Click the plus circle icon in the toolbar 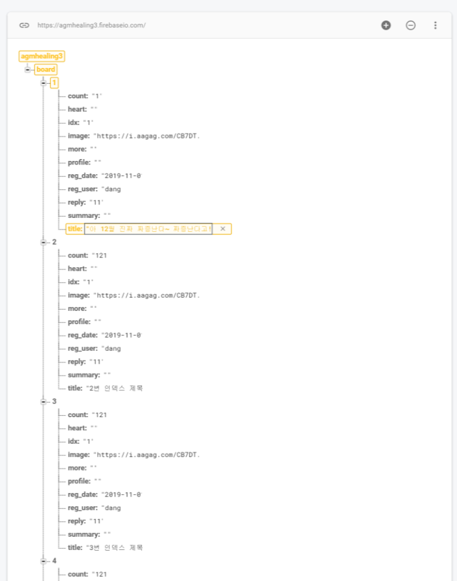[x=386, y=25]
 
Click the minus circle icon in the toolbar [x=411, y=25]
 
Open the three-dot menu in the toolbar [x=435, y=25]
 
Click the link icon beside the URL [x=24, y=25]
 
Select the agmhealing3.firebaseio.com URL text [x=91, y=25]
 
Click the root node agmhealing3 [x=42, y=56]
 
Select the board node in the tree [x=46, y=69]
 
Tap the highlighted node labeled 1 [x=55, y=83]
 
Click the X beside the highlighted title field [x=222, y=229]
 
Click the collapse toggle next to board [x=27, y=69]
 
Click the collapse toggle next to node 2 [x=43, y=242]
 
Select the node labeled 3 [x=55, y=401]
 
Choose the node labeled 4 [x=55, y=561]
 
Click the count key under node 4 [x=78, y=574]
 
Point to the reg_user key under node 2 [x=83, y=348]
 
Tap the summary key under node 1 [x=84, y=216]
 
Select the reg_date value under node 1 [x=122, y=175]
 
